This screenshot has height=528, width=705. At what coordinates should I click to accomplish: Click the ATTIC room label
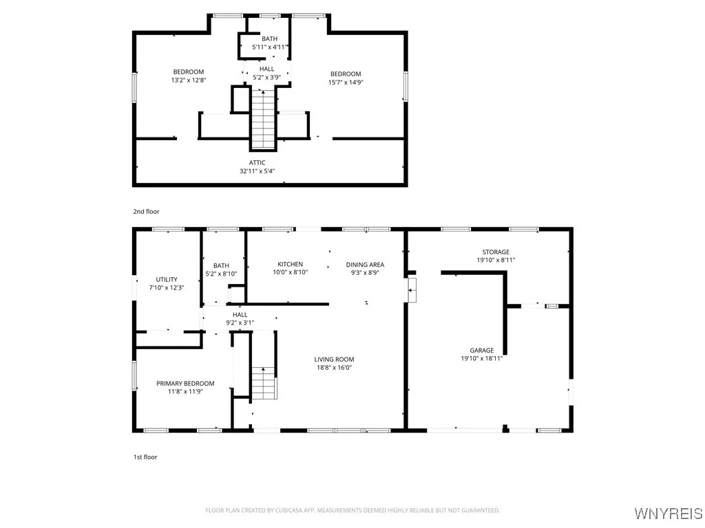click(257, 163)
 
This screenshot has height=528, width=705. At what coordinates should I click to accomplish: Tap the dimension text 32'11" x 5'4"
click(257, 171)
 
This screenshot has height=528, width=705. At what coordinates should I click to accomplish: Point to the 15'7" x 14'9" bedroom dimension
click(345, 82)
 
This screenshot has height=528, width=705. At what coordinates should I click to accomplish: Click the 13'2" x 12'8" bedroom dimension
click(188, 80)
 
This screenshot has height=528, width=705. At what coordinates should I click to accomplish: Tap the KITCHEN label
click(290, 264)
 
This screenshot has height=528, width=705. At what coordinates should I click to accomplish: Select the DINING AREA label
click(365, 265)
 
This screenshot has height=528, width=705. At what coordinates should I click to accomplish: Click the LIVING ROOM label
click(334, 360)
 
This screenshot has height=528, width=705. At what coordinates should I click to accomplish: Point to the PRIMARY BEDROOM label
click(185, 384)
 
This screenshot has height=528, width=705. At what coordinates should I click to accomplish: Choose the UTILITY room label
click(166, 280)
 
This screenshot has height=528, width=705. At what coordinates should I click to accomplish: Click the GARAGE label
click(481, 351)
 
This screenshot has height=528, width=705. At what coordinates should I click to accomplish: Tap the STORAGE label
click(496, 252)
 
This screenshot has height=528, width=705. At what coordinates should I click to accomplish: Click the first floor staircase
click(264, 383)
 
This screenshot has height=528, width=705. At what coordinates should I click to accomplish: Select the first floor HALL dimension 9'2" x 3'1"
click(240, 322)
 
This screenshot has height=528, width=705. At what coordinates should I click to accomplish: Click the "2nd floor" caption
click(146, 212)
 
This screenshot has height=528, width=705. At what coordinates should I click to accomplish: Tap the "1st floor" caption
click(145, 456)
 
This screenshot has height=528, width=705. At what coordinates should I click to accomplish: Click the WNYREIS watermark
click(669, 514)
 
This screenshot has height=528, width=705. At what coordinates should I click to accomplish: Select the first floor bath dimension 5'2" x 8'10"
click(221, 274)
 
